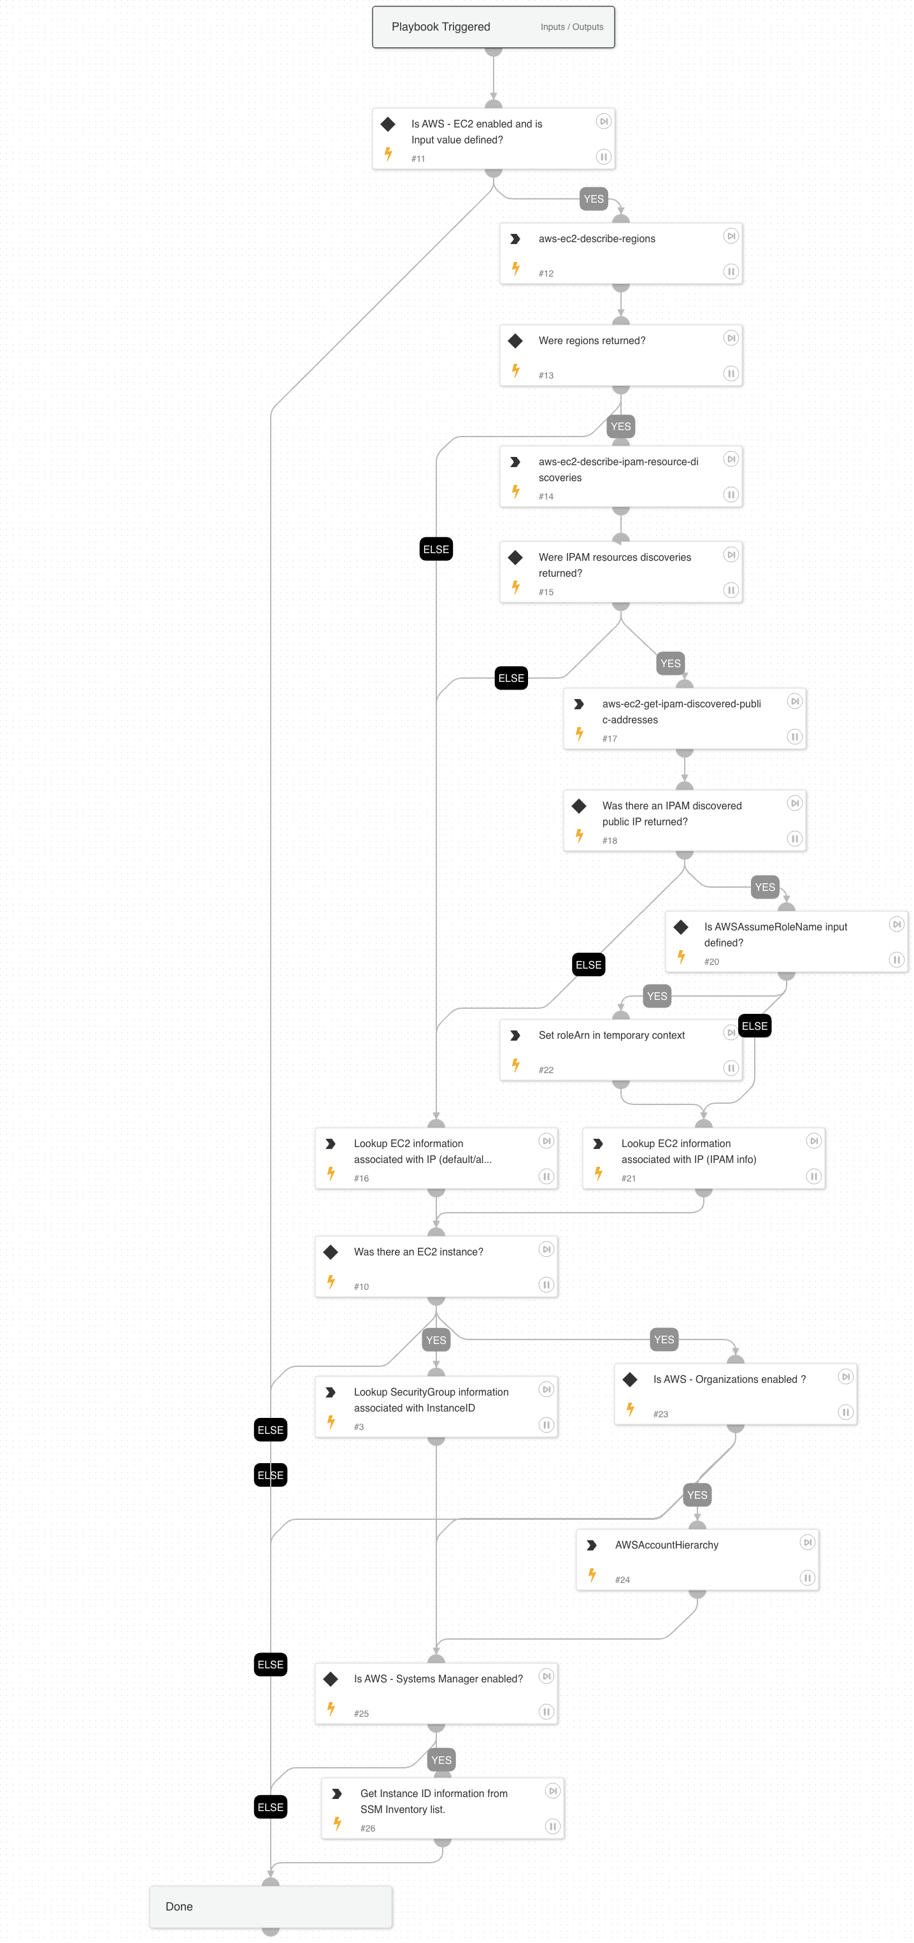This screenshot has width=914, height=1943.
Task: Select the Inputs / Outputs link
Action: point(571,27)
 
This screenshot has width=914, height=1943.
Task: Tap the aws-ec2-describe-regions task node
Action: point(620,254)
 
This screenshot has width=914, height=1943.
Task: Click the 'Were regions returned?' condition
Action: point(620,355)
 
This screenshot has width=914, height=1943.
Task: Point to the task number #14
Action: point(546,496)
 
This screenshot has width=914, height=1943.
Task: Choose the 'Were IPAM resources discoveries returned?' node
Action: point(620,572)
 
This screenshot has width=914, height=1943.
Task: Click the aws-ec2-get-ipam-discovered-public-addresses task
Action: point(684,718)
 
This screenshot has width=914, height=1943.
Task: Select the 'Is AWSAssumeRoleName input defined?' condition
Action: point(786,941)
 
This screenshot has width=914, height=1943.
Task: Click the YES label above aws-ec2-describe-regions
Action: point(594,199)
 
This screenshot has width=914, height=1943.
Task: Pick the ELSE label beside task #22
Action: point(754,1026)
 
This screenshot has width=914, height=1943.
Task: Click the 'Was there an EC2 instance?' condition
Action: point(436,1266)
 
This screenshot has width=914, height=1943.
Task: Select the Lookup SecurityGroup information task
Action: point(436,1406)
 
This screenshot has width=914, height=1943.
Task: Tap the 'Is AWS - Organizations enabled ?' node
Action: point(735,1394)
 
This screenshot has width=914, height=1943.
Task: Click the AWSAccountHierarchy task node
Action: point(697,1560)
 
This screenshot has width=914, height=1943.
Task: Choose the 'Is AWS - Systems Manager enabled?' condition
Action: point(436,1693)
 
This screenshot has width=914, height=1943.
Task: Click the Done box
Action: point(270,1906)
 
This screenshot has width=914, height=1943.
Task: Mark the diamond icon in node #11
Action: point(389,124)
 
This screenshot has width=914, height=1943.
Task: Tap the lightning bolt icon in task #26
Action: point(337,1823)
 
